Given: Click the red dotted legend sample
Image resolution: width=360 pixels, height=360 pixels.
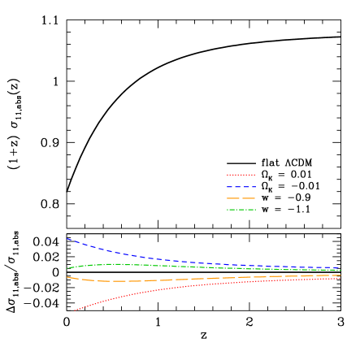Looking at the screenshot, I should [x=241, y=175].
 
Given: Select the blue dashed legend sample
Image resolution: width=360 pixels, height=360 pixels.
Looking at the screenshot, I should [x=241, y=187].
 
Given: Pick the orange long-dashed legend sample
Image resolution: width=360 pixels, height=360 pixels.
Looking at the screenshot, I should [x=241, y=198].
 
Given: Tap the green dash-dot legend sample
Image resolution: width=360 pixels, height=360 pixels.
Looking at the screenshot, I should [x=241, y=210].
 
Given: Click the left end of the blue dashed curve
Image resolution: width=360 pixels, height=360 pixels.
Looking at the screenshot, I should [x=67, y=239].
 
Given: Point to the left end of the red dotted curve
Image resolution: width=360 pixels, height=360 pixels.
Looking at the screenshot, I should [x=74, y=310].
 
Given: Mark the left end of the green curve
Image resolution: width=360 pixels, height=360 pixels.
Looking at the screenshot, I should [x=67, y=268].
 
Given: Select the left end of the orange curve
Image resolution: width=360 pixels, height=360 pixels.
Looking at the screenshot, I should [x=67, y=277].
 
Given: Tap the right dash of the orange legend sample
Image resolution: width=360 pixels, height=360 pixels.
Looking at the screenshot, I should [x=250, y=198].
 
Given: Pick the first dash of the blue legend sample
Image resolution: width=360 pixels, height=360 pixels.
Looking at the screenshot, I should [x=230, y=187].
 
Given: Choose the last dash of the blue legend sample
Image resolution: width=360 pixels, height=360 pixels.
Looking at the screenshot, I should [x=253, y=187].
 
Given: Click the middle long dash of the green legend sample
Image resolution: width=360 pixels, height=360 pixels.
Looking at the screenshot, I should [x=241, y=210].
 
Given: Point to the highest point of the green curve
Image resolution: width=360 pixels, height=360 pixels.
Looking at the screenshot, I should [x=114, y=264].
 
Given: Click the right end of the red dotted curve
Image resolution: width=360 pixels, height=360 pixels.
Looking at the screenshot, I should [x=340, y=279].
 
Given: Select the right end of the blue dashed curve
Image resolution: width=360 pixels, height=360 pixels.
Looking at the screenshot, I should [x=340, y=268].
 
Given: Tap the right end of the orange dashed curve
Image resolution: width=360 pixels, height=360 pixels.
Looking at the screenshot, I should [x=340, y=275].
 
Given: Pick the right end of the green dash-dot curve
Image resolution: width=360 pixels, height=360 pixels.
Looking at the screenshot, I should [x=340, y=271].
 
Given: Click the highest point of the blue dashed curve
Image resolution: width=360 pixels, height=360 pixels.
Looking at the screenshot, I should [x=67, y=239].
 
